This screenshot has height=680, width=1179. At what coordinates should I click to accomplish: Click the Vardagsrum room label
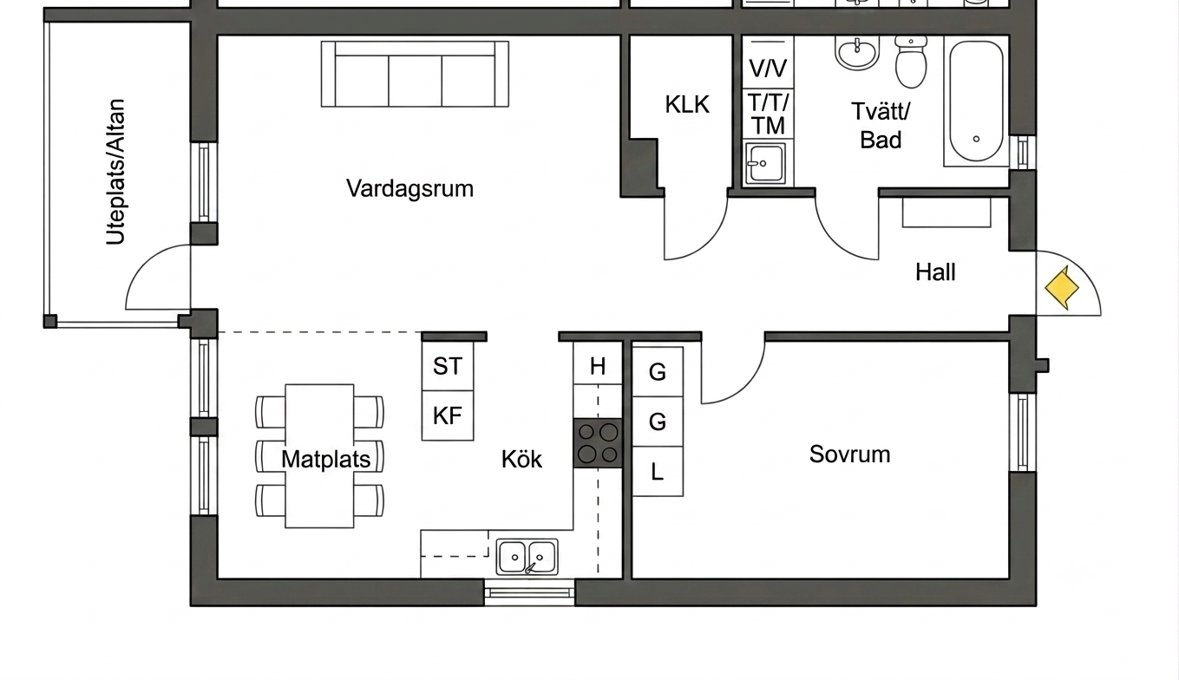(x=409, y=189)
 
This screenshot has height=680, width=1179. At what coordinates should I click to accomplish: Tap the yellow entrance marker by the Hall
(x=1062, y=288)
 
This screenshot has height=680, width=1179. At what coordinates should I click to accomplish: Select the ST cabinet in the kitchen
(x=448, y=366)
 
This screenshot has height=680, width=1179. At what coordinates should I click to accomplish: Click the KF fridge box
(x=448, y=415)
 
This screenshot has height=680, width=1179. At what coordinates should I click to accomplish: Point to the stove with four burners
(x=598, y=443)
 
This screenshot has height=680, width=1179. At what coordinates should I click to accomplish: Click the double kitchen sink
(x=527, y=556)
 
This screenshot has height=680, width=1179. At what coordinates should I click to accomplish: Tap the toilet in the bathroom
(x=911, y=62)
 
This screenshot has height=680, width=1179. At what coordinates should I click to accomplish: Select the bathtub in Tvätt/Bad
(x=976, y=101)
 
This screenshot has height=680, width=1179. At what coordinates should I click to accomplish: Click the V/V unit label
(x=768, y=69)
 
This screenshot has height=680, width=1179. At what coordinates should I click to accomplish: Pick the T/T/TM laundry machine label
(x=769, y=113)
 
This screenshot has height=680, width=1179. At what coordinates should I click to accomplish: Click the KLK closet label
(x=687, y=104)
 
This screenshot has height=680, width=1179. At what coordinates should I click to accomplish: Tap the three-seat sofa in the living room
(x=415, y=75)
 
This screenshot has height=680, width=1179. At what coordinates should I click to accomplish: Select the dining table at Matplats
(x=319, y=455)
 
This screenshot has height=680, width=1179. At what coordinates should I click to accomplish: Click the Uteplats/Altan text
(x=115, y=172)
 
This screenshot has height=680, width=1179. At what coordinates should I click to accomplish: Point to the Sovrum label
(x=849, y=454)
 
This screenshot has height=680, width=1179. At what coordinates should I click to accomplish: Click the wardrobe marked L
(x=658, y=472)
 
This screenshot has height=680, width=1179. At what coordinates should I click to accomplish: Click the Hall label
(x=935, y=272)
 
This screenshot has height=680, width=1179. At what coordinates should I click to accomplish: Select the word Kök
(x=521, y=459)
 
